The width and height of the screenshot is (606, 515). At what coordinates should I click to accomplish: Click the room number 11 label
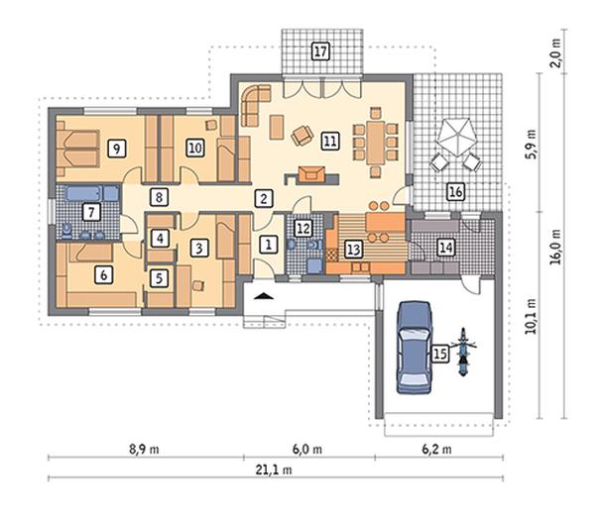[x=330, y=141]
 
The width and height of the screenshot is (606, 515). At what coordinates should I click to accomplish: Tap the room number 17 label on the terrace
[x=320, y=51]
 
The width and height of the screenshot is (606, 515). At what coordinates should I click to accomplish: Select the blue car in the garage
[x=414, y=348]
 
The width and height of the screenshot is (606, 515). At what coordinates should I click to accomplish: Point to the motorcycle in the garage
[x=462, y=352]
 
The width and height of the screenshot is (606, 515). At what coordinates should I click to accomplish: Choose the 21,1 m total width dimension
[x=274, y=469]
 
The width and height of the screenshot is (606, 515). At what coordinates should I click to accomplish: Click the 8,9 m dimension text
[x=144, y=450]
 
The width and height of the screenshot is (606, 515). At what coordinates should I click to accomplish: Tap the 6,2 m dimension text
[x=436, y=450]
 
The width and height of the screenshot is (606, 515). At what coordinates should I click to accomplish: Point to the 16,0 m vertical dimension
[x=555, y=247]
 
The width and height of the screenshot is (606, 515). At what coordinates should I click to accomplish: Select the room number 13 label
[x=353, y=250]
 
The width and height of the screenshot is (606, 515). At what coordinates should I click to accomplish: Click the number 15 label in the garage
[x=439, y=353]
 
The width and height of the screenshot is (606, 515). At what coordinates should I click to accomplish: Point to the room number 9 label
[x=117, y=149]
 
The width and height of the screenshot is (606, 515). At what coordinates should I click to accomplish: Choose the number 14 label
[x=446, y=247]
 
